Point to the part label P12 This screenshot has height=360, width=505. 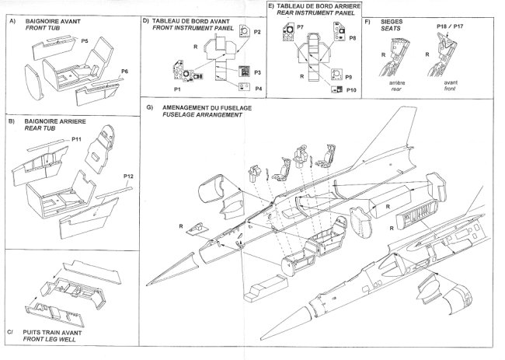click(128, 177)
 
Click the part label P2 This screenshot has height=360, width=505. click(257, 31)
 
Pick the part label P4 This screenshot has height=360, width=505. click(257, 88)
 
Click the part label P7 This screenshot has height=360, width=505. click(299, 27)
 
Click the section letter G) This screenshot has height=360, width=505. click(148, 107)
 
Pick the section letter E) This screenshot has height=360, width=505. click(270, 6)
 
